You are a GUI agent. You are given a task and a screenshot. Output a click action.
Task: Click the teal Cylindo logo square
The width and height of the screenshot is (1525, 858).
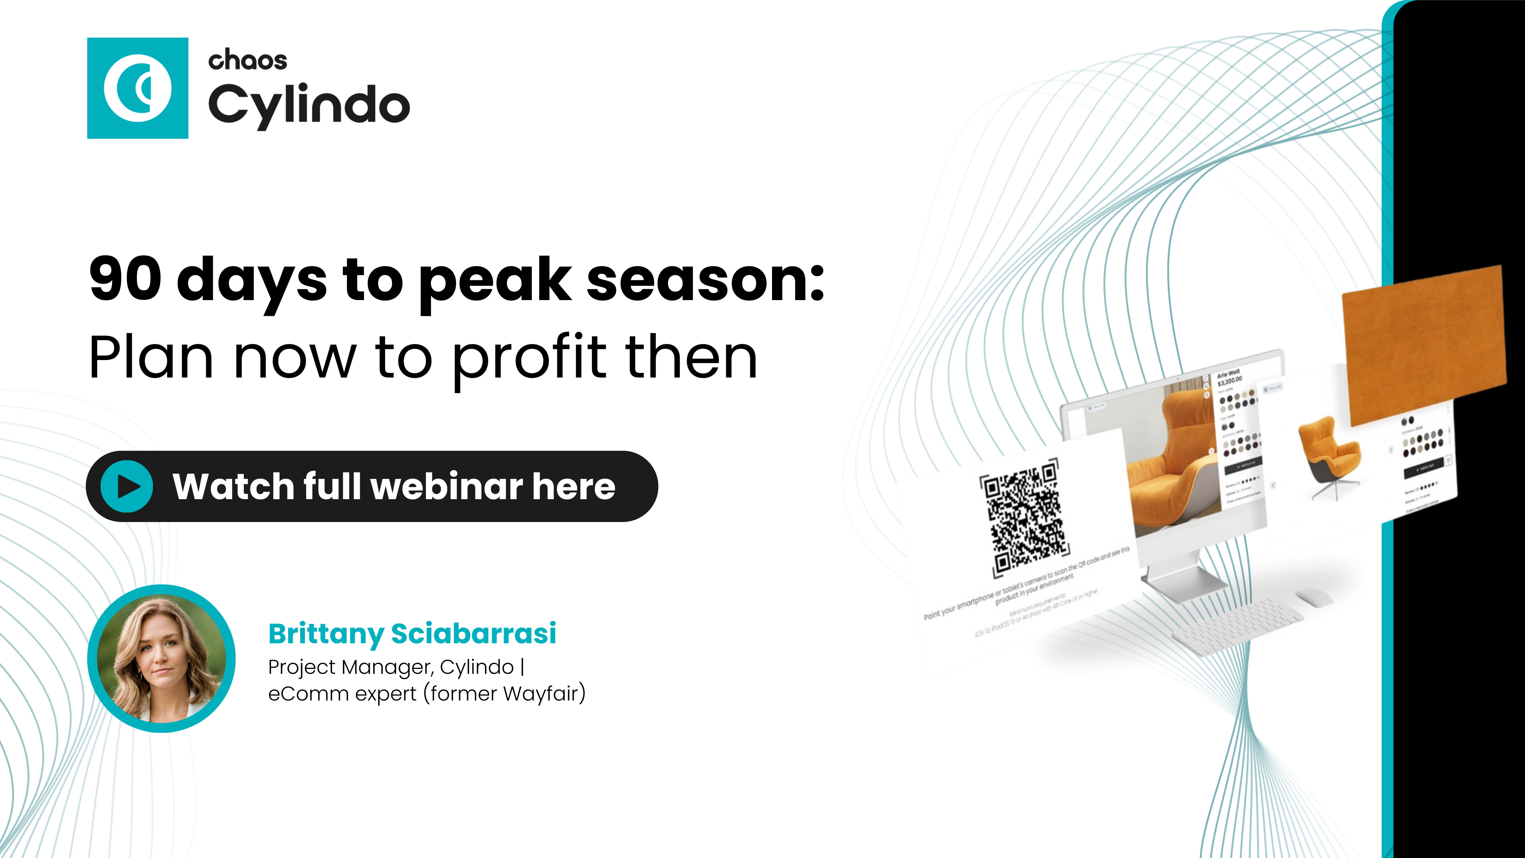[137, 88]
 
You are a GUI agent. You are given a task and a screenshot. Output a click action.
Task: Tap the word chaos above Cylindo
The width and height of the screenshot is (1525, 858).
[247, 60]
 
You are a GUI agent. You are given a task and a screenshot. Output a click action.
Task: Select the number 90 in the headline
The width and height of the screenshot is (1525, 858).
[125, 279]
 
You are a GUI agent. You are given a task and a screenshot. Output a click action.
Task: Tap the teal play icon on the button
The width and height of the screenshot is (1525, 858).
[127, 486]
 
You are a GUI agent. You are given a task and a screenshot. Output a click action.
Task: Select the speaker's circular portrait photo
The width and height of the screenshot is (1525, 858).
[161, 659]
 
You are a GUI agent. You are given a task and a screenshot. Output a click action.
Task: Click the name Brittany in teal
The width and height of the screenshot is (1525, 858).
[326, 633]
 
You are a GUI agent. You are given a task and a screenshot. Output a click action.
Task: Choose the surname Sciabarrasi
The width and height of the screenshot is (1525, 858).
[474, 633]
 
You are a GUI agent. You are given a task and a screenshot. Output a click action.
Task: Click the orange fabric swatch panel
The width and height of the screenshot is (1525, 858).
[1424, 344]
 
